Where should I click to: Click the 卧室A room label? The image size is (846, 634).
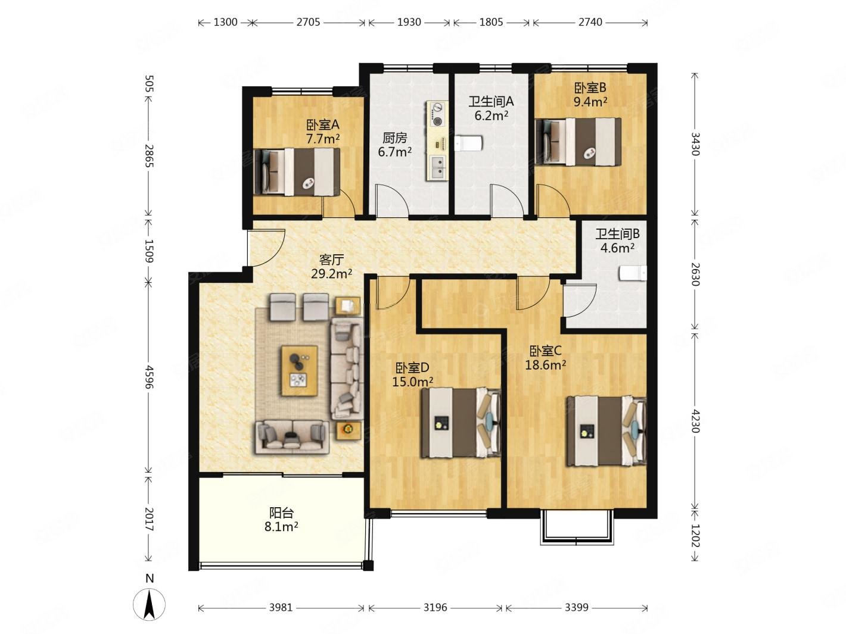click(322, 125)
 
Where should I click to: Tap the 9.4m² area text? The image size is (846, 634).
click(590, 102)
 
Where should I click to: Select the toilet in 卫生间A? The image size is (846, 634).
click(468, 143)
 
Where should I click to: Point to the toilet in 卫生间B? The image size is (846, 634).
click(633, 273)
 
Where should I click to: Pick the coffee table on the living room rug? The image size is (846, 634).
click(300, 370)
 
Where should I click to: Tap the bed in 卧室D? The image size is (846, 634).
click(461, 423)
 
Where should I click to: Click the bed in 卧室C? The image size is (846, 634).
click(606, 431)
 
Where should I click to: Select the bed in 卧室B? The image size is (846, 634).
click(578, 142)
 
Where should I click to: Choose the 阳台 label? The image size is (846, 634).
click(281, 513)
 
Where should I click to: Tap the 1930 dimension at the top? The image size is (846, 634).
click(409, 23)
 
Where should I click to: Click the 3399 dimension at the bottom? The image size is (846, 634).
click(577, 607)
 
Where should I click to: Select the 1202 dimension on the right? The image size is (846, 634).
click(695, 535)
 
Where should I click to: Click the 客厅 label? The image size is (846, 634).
click(331, 260)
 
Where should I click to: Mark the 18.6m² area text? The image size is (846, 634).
click(545, 364)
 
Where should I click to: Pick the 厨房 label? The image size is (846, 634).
click(394, 138)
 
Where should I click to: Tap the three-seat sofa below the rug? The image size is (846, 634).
click(293, 436)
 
